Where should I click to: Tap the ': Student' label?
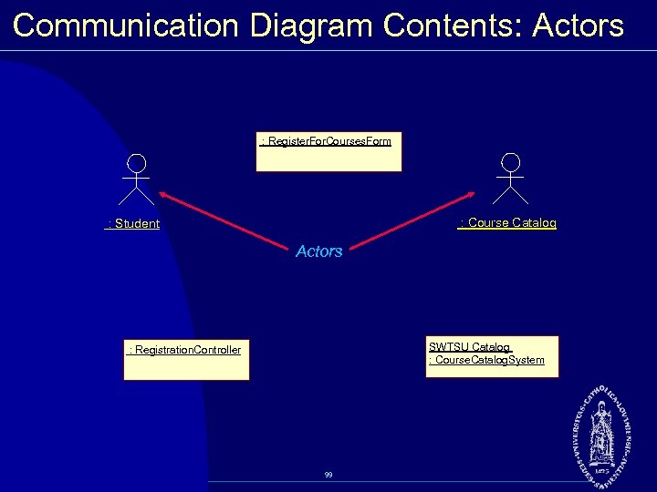point(133,224)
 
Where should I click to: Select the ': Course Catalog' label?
point(507,223)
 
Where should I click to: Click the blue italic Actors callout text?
point(319,251)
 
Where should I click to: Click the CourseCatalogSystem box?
point(492,356)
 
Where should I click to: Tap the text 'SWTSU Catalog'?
point(470,347)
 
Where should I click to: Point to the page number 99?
point(328,475)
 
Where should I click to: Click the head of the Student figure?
point(137,163)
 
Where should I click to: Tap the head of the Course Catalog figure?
point(511,162)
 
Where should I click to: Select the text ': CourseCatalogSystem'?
point(486,361)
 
